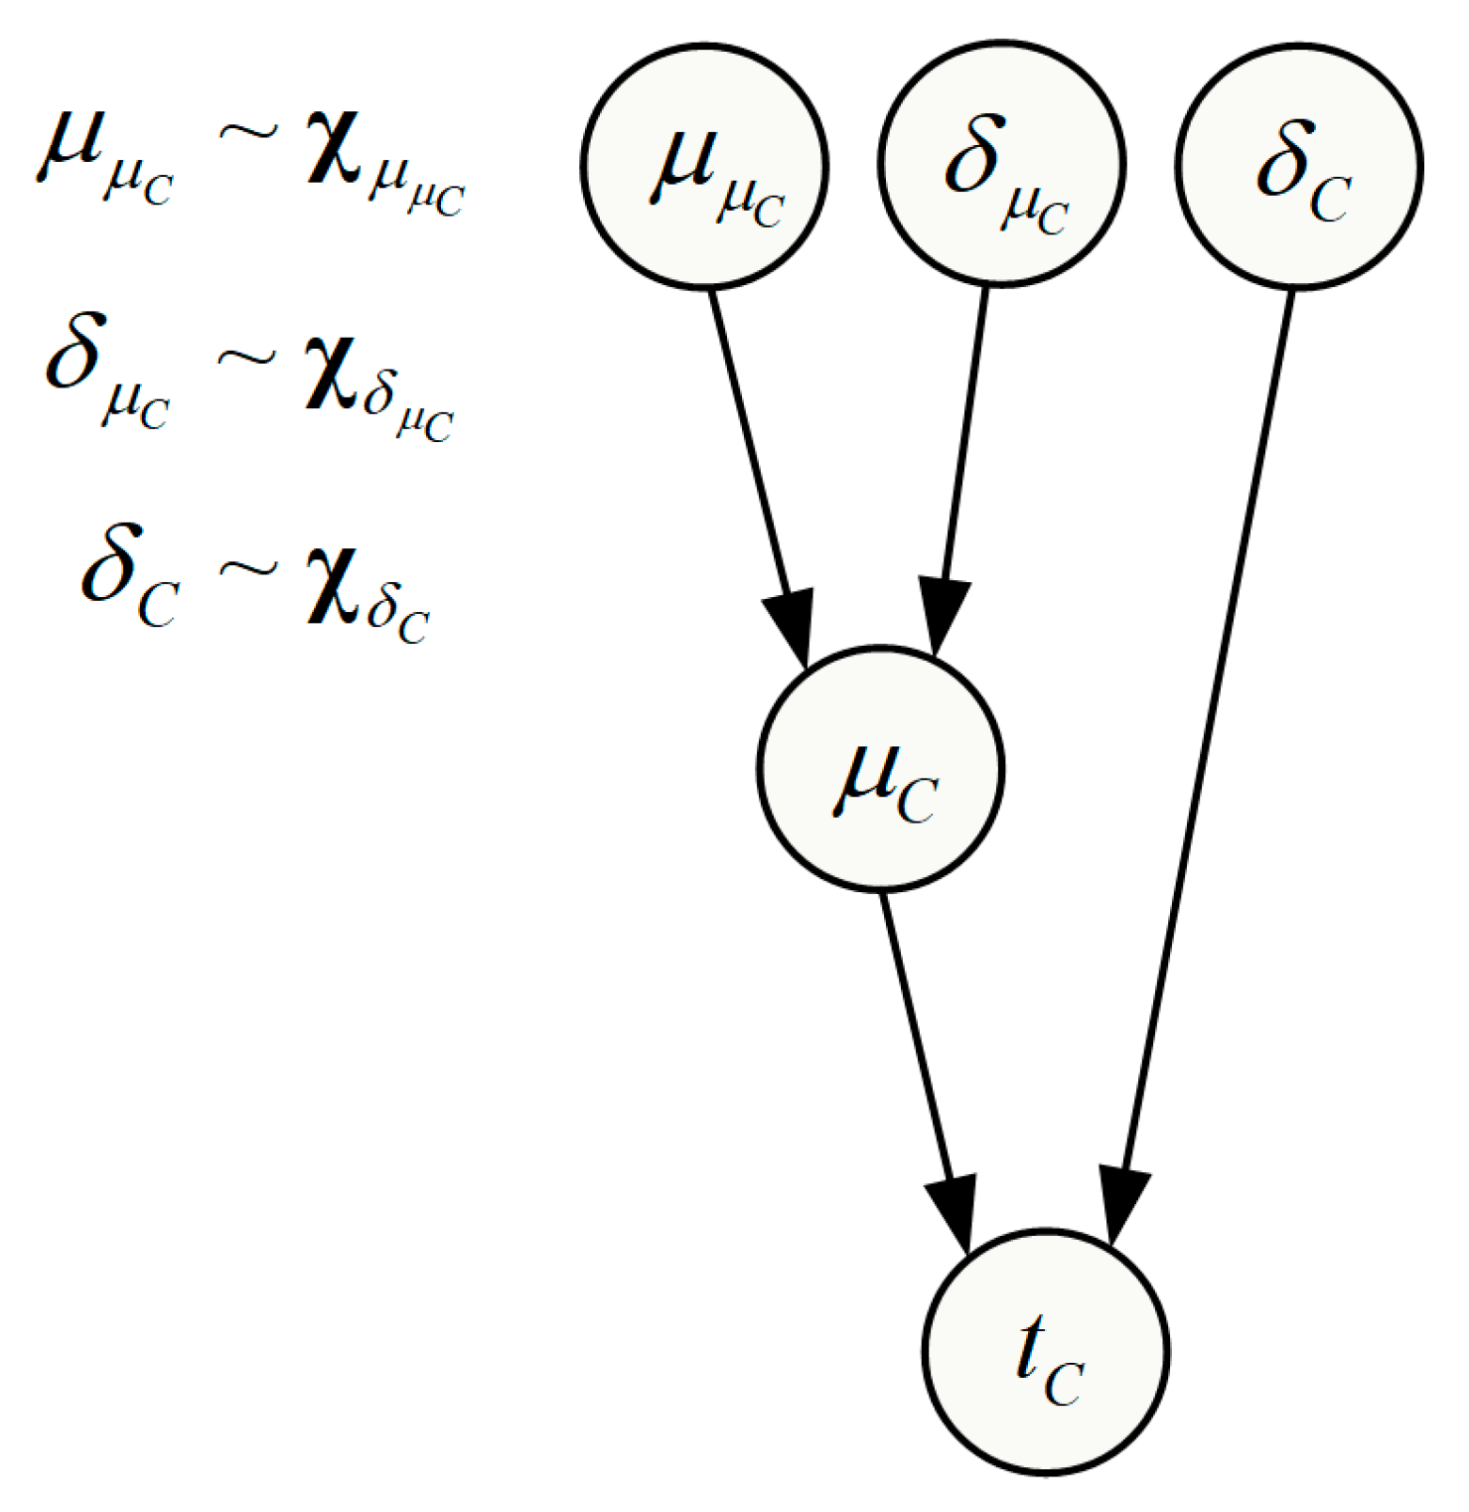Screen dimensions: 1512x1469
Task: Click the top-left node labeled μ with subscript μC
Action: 704,165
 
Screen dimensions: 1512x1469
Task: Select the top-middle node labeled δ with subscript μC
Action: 1001,163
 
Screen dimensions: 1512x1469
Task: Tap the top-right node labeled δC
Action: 1298,165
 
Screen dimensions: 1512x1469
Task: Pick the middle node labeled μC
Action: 881,769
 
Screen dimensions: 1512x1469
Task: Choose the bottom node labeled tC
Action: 1045,1351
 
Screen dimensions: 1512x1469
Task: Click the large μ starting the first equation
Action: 71,149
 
